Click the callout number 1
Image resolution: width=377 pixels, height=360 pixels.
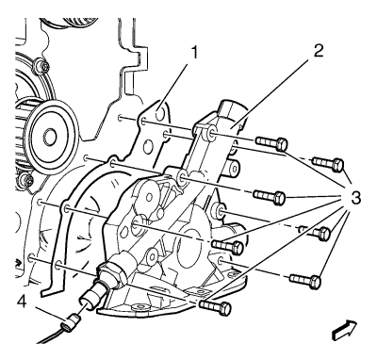pos(195,53)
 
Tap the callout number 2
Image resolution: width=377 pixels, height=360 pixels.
pos(318,50)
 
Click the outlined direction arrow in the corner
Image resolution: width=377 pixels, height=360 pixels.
pos(345,330)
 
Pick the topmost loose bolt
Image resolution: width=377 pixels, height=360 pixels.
pos(271,143)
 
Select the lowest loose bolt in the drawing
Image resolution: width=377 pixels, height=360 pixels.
pos(215,307)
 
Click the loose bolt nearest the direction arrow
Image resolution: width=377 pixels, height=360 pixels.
pos(305,280)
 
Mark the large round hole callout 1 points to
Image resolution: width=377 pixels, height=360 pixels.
pos(160,114)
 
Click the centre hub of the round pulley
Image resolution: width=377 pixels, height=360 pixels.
pos(50,137)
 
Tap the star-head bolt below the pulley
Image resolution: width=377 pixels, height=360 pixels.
pos(25,181)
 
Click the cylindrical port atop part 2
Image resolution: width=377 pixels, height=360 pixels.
pos(232,111)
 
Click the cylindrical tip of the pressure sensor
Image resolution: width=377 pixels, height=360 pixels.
pos(92,295)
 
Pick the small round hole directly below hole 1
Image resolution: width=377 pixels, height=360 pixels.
pos(148,147)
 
